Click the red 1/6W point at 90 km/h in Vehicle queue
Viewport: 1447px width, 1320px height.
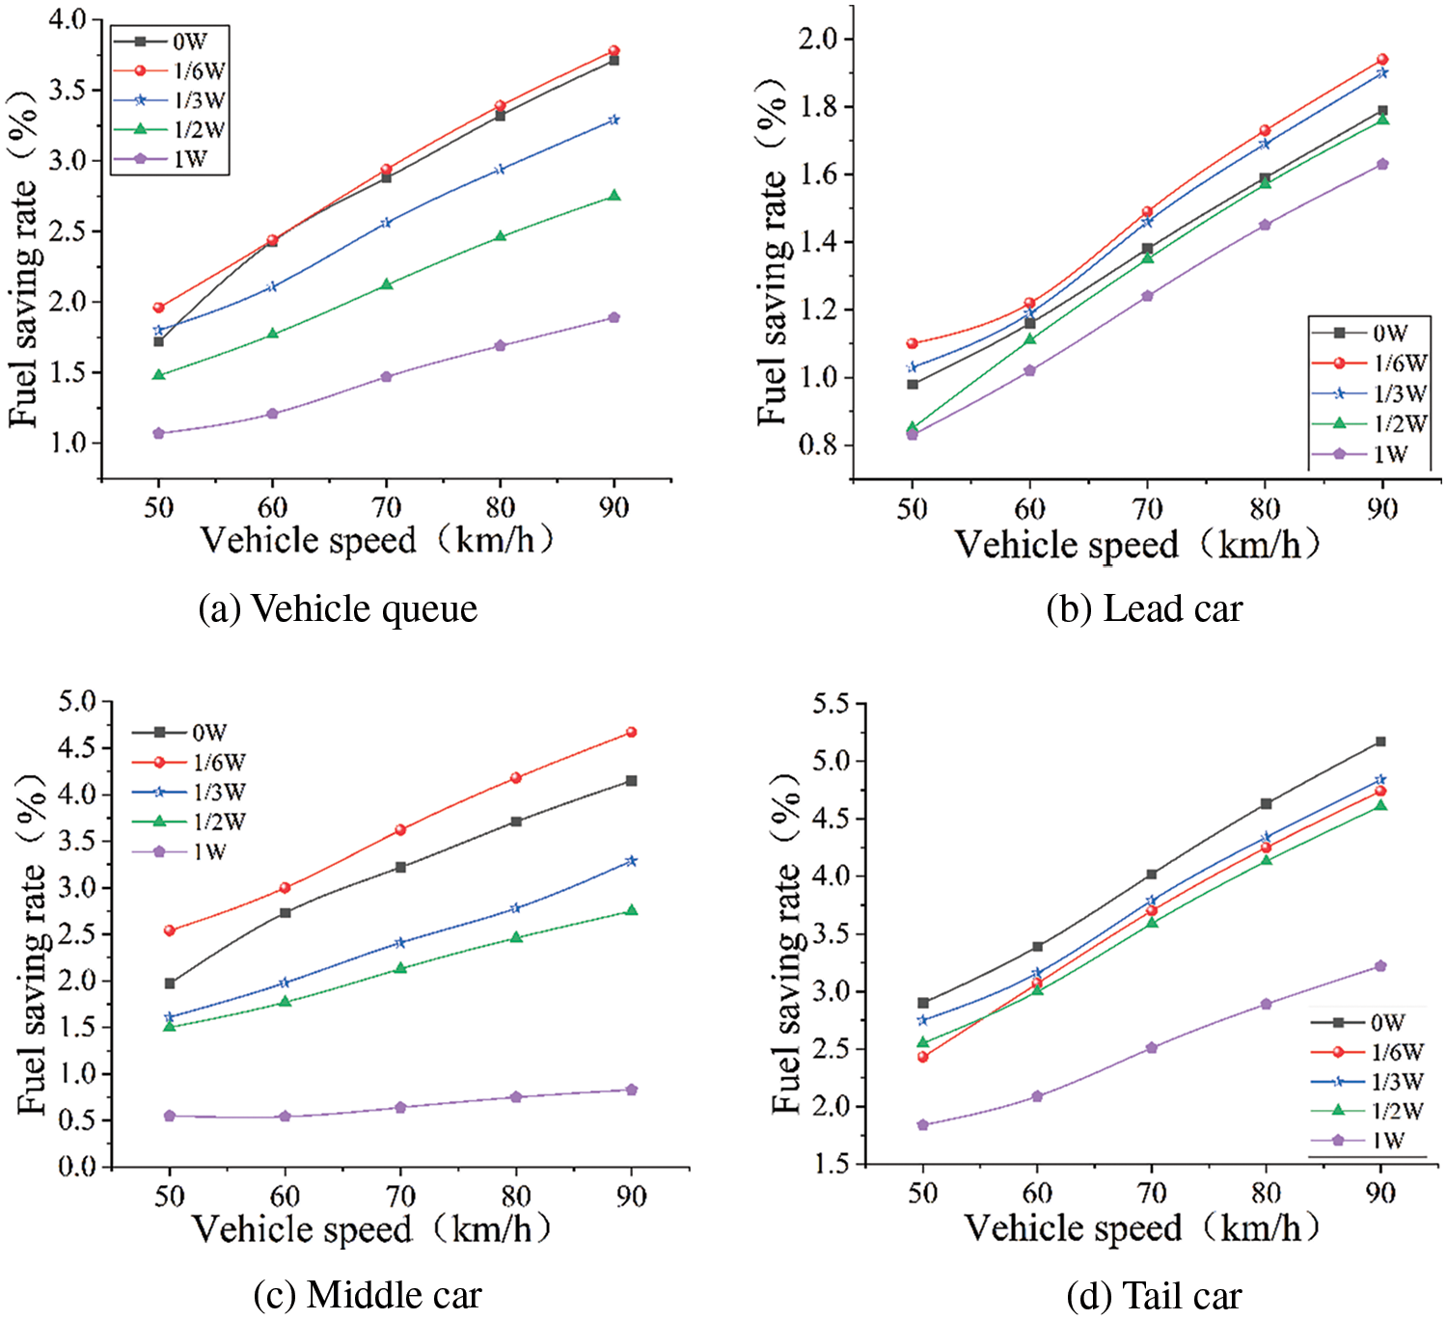[614, 51]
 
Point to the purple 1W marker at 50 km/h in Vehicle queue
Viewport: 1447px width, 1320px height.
[158, 433]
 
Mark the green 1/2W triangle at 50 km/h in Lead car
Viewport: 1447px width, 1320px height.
[912, 427]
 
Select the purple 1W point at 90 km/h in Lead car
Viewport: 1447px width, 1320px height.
[1382, 164]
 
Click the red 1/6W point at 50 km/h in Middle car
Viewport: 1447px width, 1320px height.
[170, 930]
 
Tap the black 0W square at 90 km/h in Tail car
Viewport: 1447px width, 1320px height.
[1380, 741]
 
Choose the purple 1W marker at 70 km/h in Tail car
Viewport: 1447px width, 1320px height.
[1151, 1047]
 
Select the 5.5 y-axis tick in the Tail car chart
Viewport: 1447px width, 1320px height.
[831, 704]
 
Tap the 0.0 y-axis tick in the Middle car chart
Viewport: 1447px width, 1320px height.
[77, 1167]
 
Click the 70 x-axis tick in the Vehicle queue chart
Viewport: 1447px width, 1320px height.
[386, 507]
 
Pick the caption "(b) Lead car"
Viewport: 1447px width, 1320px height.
[1144, 609]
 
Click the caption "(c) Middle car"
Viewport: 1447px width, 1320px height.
[368, 1295]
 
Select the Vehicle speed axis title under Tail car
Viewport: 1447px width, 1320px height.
[1141, 1227]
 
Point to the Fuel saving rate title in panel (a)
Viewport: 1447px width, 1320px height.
[24, 260]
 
